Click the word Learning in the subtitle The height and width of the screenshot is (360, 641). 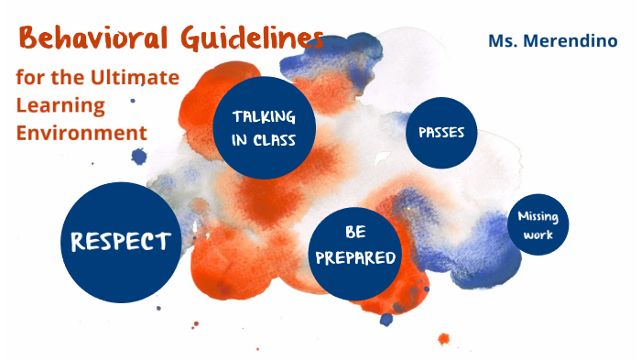(x=60, y=104)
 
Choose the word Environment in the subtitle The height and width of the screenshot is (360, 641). (x=81, y=133)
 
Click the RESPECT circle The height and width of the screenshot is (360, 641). (x=121, y=241)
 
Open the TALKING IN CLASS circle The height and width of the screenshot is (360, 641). (x=264, y=129)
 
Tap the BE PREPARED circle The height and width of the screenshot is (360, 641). (x=355, y=245)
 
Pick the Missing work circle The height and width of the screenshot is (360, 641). (x=538, y=225)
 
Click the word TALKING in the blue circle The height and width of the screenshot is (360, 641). (x=264, y=117)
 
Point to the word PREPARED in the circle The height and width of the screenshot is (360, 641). (x=355, y=257)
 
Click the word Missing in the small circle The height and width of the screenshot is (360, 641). (x=538, y=217)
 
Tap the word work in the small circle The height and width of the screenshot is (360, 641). (x=538, y=235)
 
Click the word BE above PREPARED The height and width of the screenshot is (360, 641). (x=355, y=233)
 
